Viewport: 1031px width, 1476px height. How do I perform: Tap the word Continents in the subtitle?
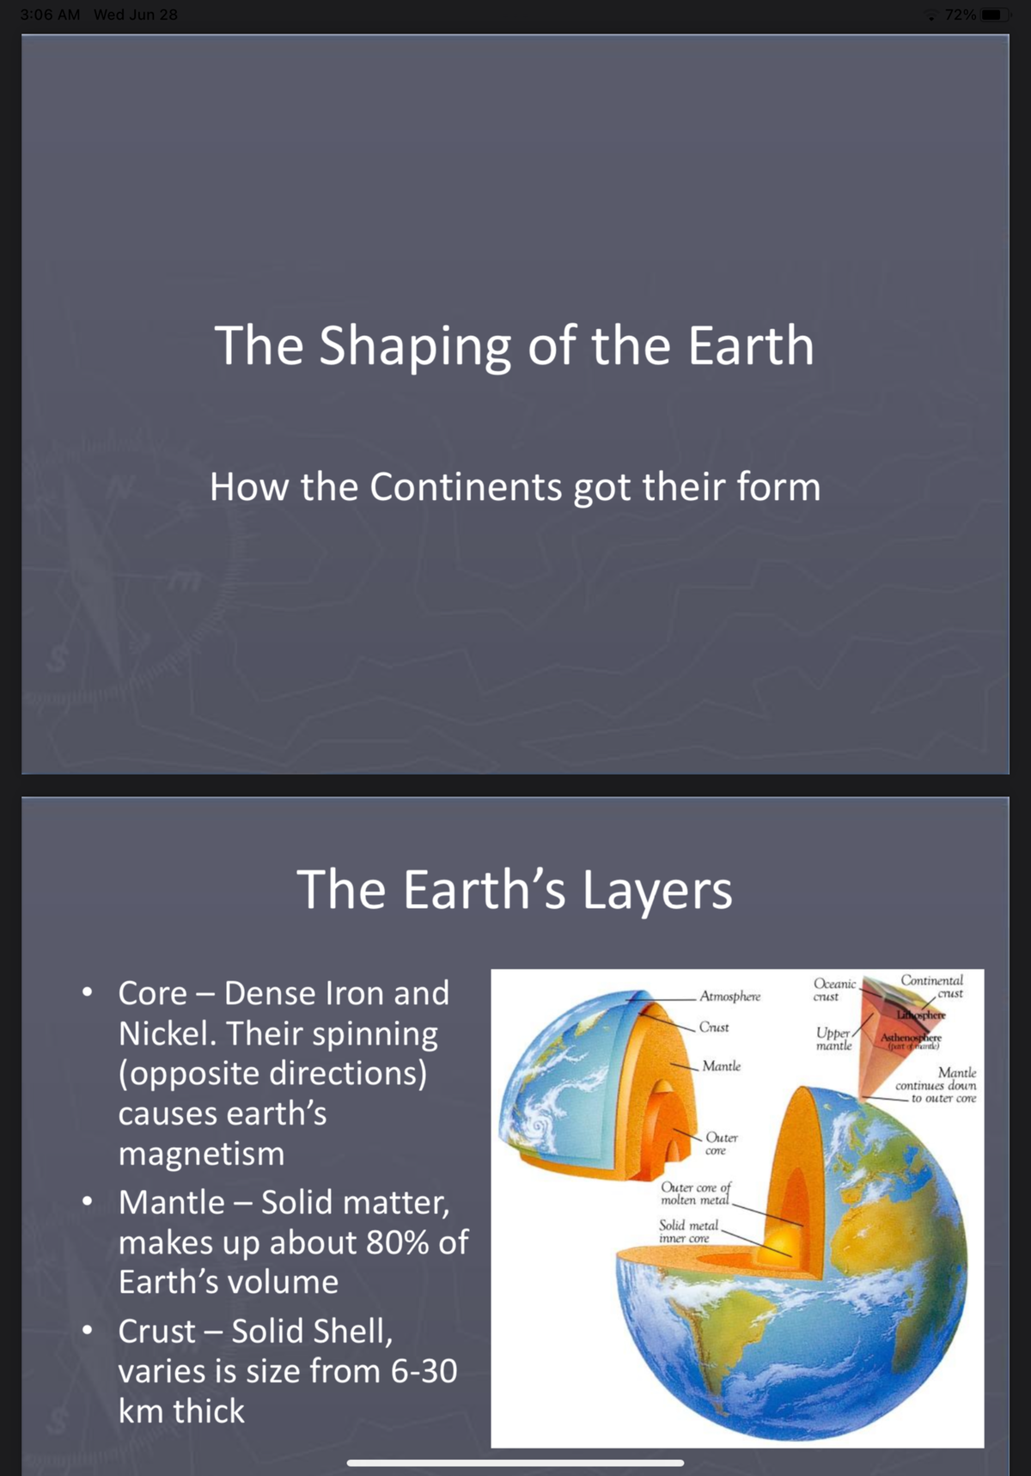coord(466,487)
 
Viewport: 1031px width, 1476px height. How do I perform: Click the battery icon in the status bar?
coord(994,15)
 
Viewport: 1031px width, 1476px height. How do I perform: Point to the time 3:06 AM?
coord(50,15)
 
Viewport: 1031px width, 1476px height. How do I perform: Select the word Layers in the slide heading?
coord(657,889)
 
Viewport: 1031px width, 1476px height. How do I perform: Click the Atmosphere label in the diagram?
coord(729,997)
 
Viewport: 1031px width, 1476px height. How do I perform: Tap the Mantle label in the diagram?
coord(721,1066)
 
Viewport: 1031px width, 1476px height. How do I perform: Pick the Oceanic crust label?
coord(833,990)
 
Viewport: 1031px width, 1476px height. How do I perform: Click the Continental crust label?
coord(932,986)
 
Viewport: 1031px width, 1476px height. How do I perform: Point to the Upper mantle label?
coord(833,1039)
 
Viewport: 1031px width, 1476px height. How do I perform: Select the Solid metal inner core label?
coord(687,1231)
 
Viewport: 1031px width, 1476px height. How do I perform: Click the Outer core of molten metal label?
coord(695,1193)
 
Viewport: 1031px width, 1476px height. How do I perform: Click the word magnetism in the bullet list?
coord(201,1154)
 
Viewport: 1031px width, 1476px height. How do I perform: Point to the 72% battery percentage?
coord(960,15)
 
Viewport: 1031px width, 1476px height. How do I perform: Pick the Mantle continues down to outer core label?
coord(937,1085)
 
